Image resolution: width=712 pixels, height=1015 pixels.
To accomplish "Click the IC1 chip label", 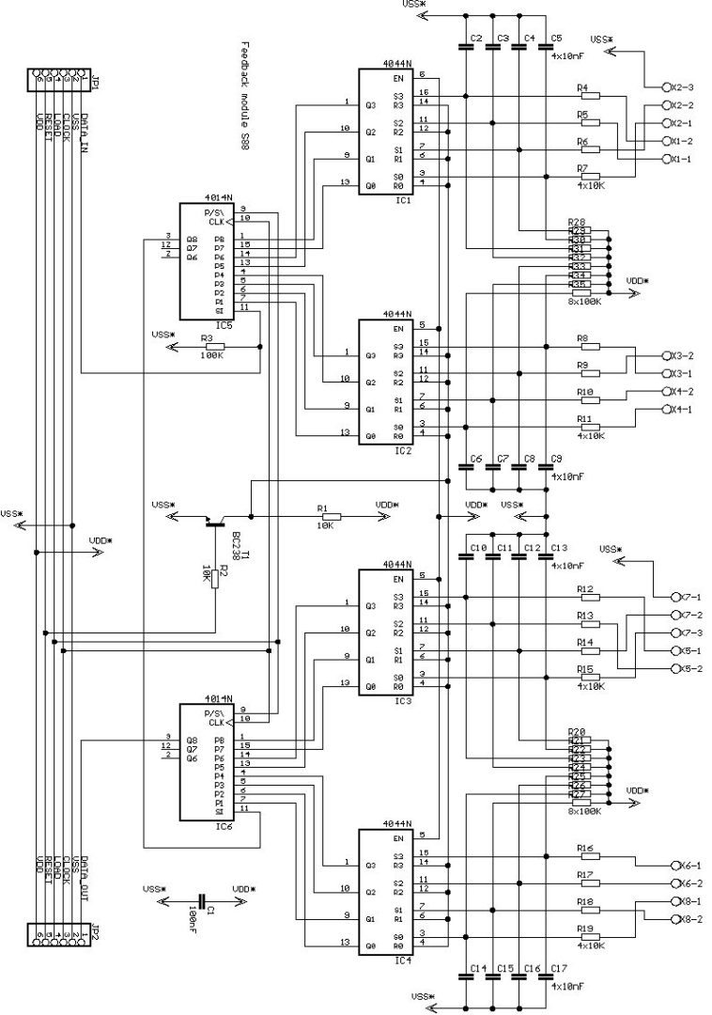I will (402, 201).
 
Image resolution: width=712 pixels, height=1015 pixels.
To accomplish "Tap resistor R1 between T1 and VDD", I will (329, 516).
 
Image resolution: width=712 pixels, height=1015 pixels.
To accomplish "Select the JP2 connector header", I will (61, 933).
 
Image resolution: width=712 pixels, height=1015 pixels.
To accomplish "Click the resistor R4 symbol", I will (590, 96).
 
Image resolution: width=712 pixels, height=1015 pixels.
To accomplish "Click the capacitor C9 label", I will (557, 459).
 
